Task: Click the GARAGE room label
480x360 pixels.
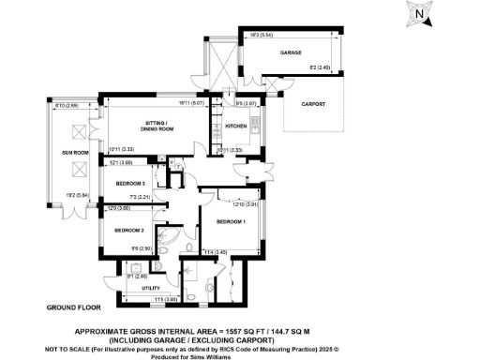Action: pos(291,53)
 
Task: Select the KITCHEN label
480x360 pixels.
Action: pos(235,125)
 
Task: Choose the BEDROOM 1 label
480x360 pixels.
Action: pos(230,223)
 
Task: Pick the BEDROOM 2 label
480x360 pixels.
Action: pos(129,229)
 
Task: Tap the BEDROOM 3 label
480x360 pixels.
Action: pos(129,183)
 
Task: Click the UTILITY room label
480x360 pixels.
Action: pos(150,289)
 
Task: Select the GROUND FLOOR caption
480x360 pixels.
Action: pos(72,307)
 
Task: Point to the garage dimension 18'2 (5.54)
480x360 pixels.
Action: pos(313,35)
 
